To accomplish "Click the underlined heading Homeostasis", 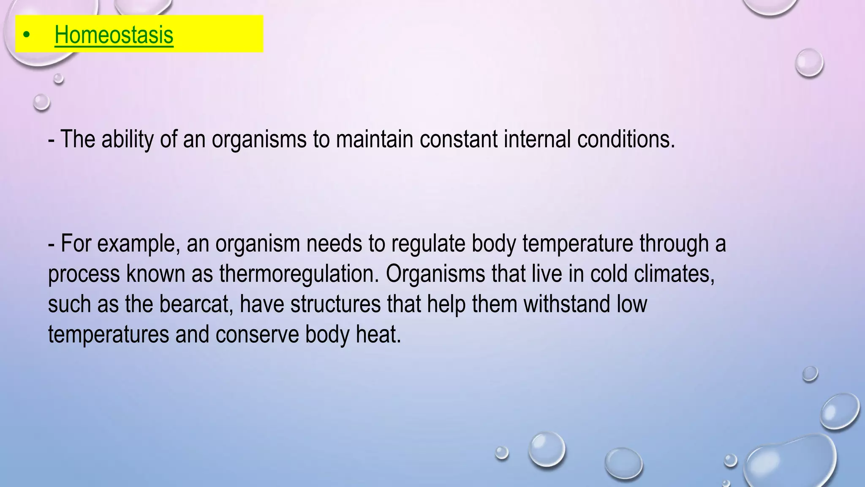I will (114, 35).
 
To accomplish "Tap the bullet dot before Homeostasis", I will (27, 36).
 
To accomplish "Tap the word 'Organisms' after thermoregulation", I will (435, 274).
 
